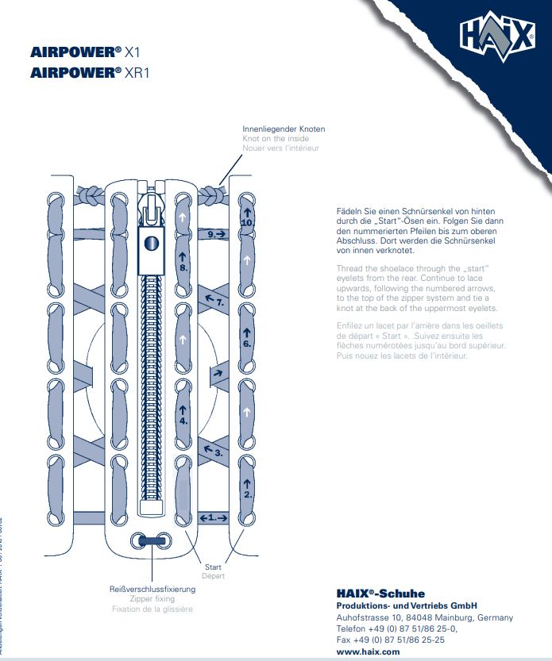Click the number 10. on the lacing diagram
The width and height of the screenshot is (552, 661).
247,224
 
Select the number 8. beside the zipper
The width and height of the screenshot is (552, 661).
183,268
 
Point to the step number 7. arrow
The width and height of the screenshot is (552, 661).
216,301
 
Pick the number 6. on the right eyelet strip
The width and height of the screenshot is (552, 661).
247,344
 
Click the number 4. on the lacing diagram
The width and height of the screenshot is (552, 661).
183,421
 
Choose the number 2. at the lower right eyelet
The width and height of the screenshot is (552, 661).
247,494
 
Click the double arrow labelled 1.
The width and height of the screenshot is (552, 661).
213,517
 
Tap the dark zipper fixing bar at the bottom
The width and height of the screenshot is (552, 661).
149,540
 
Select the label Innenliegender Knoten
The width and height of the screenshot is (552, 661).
284,129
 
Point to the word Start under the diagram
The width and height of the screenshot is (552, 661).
213,567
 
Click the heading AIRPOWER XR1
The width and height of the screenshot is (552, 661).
91,72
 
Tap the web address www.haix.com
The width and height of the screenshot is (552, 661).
369,651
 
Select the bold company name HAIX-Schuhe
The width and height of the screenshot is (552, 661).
380,594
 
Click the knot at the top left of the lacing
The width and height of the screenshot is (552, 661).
89,194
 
